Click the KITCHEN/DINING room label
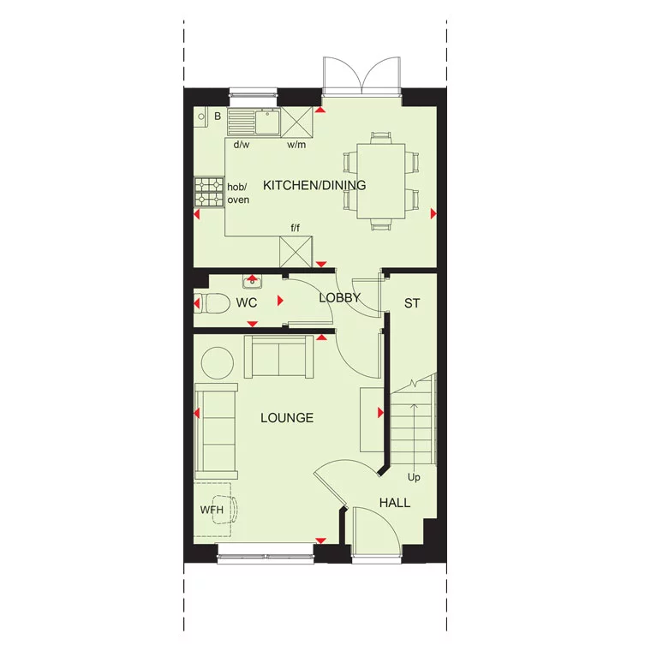[314, 185]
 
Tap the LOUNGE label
[287, 418]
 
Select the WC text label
[247, 303]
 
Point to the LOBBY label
[339, 298]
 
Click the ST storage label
[412, 303]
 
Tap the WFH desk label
[211, 510]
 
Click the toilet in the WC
[210, 303]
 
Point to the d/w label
[242, 144]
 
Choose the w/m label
[296, 144]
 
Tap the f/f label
[296, 227]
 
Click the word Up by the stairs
[414, 477]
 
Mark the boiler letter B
[218, 116]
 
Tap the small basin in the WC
[252, 280]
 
